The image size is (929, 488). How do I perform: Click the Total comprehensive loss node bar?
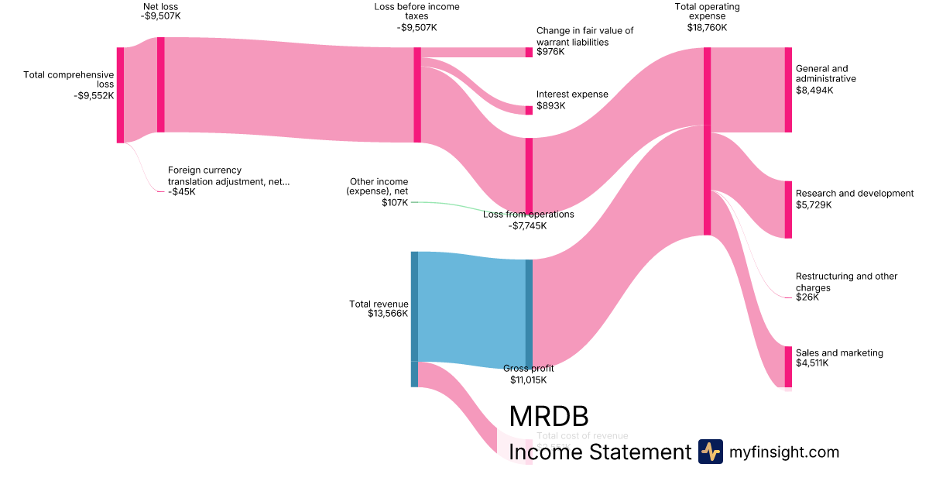tap(120, 95)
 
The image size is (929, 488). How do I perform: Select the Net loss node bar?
tap(160, 84)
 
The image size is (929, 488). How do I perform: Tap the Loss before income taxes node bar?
tap(417, 95)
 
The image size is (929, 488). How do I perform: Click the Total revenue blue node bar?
tap(414, 306)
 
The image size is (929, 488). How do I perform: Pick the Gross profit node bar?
tap(529, 314)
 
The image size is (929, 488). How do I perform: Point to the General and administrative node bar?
tap(788, 90)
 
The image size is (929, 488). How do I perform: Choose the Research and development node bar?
tap(788, 209)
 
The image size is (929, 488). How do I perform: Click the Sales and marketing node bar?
tap(788, 366)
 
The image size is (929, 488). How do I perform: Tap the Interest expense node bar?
tap(529, 110)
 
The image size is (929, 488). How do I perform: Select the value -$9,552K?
tap(94, 96)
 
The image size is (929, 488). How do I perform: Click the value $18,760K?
tap(707, 28)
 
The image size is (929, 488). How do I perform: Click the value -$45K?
tap(182, 191)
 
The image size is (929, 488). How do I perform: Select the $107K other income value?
tap(394, 203)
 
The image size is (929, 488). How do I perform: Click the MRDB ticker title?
tap(549, 417)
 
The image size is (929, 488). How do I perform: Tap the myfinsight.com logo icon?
tap(710, 452)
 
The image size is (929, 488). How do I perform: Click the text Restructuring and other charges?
tap(846, 282)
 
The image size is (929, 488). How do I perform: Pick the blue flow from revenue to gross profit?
tap(471, 310)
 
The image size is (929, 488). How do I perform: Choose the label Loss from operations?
tap(529, 215)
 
